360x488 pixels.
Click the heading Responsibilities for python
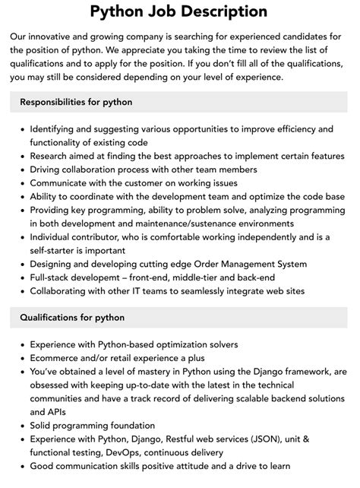pyautogui.click(x=76, y=101)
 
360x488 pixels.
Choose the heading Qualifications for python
pyautogui.click(x=72, y=317)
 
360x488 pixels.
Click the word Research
pyautogui.click(x=52, y=157)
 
